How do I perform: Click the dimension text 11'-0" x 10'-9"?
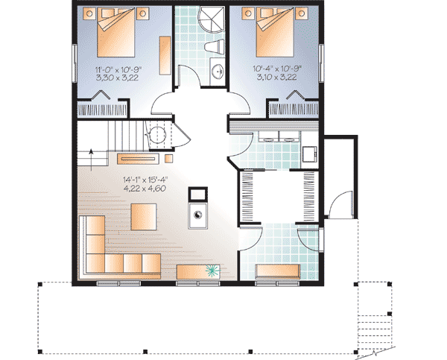[x=118, y=69]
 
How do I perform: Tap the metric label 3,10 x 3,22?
[x=276, y=77]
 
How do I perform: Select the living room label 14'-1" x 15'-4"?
[x=145, y=180]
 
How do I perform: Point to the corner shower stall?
[x=212, y=19]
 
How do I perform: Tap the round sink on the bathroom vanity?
[x=218, y=72]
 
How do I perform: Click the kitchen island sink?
[x=197, y=215]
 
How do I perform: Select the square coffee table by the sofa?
[x=144, y=217]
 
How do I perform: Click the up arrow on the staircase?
[x=91, y=160]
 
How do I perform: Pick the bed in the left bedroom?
[x=115, y=32]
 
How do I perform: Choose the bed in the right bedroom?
[x=275, y=32]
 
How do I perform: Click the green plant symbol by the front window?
[x=212, y=271]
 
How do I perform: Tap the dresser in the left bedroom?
[x=165, y=55]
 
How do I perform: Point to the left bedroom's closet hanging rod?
[x=103, y=110]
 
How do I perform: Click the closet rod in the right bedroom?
[x=294, y=110]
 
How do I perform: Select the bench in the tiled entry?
[x=278, y=271]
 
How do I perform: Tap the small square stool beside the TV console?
[x=169, y=158]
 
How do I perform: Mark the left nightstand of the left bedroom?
[x=89, y=13]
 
